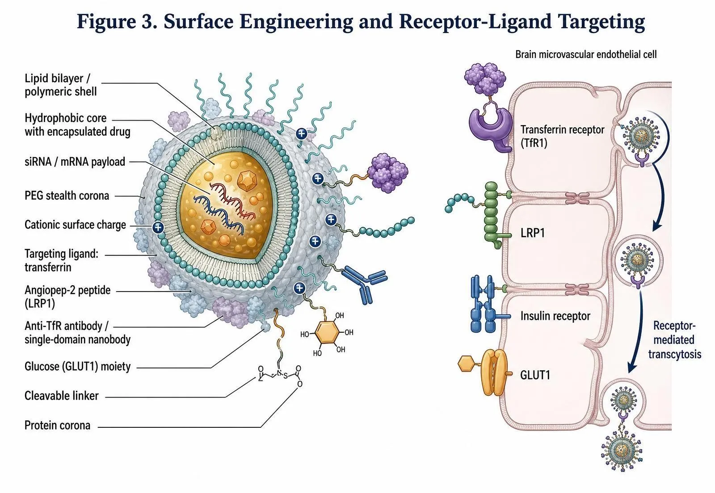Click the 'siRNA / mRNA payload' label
tap(75, 162)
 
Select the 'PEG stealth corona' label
tap(67, 196)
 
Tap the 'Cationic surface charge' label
tap(76, 225)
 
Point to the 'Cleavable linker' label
tap(62, 396)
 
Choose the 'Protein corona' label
tap(58, 426)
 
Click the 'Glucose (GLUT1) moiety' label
tap(78, 367)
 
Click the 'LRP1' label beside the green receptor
tap(532, 233)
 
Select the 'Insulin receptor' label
tap(555, 316)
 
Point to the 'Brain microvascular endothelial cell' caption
tap(586, 54)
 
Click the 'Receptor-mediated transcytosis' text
tap(674, 340)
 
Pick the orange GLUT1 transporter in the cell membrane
tap(493, 372)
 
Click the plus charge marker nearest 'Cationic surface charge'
tap(158, 227)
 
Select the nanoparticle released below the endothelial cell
tap(622, 450)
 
